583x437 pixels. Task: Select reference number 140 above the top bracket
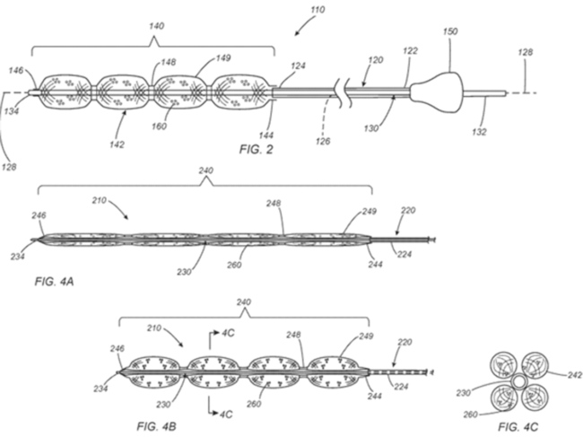(x=156, y=26)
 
